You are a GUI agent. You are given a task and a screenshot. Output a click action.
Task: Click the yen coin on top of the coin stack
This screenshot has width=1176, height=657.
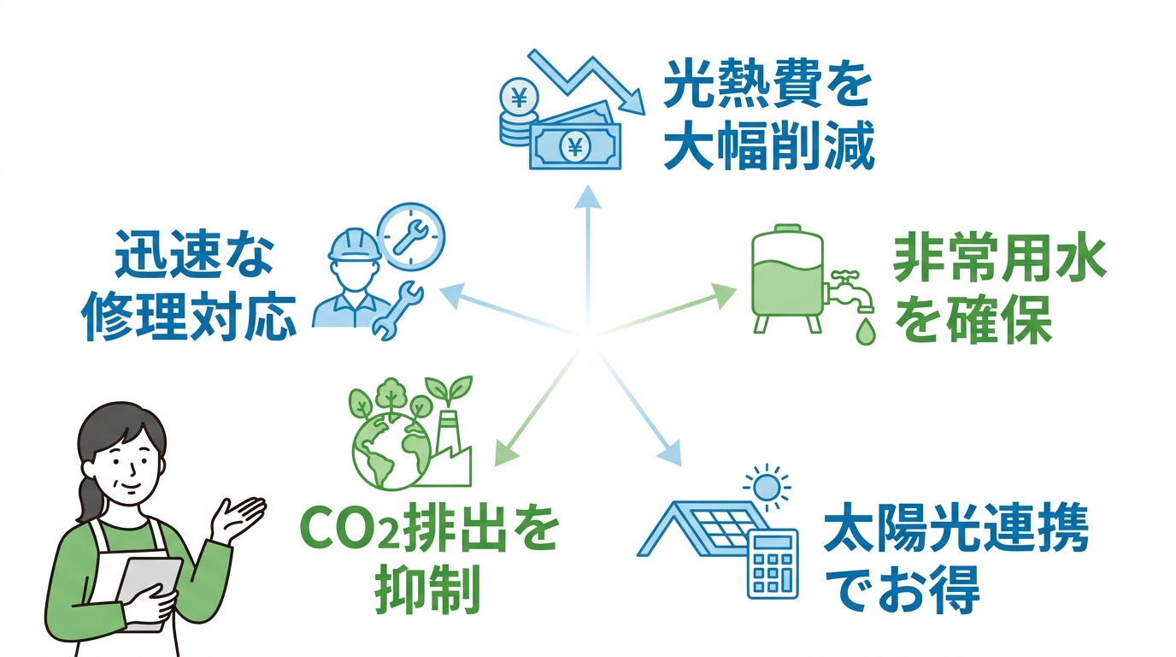pyautogui.click(x=519, y=98)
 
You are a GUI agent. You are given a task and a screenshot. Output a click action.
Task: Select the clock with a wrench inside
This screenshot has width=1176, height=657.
pyautogui.click(x=411, y=236)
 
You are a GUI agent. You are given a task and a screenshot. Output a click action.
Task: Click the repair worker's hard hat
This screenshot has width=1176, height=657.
pyautogui.click(x=355, y=245)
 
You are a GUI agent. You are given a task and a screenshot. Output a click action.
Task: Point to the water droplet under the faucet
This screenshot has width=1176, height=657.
pyautogui.click(x=865, y=330)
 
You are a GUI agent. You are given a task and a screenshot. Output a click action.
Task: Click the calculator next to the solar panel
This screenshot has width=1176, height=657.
pyautogui.click(x=773, y=564)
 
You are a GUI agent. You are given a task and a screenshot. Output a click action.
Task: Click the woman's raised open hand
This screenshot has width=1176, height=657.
pyautogui.click(x=239, y=517)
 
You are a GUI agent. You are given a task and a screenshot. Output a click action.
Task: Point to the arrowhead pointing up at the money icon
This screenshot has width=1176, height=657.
pyautogui.click(x=587, y=197)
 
